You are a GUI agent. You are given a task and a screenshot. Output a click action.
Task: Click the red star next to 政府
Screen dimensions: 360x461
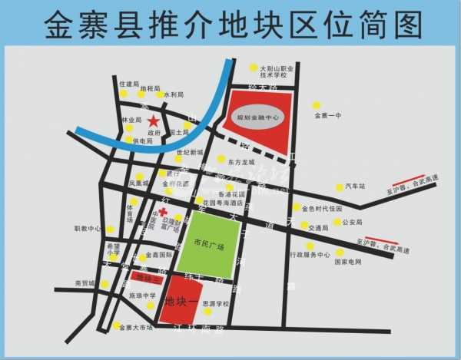(x=154, y=121)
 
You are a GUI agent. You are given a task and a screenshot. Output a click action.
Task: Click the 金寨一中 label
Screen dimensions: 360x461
(x=327, y=116)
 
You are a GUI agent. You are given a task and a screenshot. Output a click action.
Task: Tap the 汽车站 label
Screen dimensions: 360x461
(x=357, y=187)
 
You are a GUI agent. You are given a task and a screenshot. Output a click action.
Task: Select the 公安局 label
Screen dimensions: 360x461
(x=351, y=223)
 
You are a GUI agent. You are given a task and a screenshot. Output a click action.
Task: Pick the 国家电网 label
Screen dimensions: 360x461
(x=348, y=262)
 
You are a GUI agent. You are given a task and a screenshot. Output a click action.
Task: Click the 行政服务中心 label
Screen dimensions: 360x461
(x=309, y=255)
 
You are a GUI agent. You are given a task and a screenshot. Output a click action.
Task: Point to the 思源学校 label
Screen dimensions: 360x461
(x=216, y=303)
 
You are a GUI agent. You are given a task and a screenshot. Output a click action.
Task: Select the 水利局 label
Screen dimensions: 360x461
(x=174, y=94)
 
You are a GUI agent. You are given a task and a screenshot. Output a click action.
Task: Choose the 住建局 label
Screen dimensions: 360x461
(x=129, y=83)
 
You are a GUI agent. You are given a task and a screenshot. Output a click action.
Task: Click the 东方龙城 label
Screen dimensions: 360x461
(x=240, y=163)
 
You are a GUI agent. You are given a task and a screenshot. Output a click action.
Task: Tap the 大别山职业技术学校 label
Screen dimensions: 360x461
(x=277, y=72)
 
